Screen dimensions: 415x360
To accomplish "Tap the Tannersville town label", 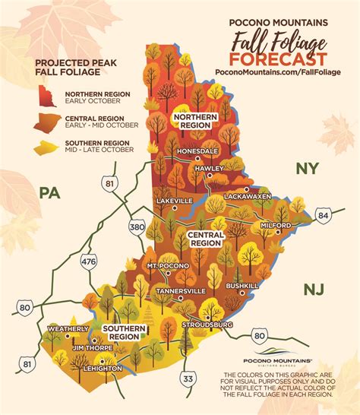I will pos(178,290).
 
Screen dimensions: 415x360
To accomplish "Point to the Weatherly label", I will pos(64,328).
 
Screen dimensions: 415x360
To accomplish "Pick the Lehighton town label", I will pos(103,368).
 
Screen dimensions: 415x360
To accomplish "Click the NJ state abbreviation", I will pos(313,289).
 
